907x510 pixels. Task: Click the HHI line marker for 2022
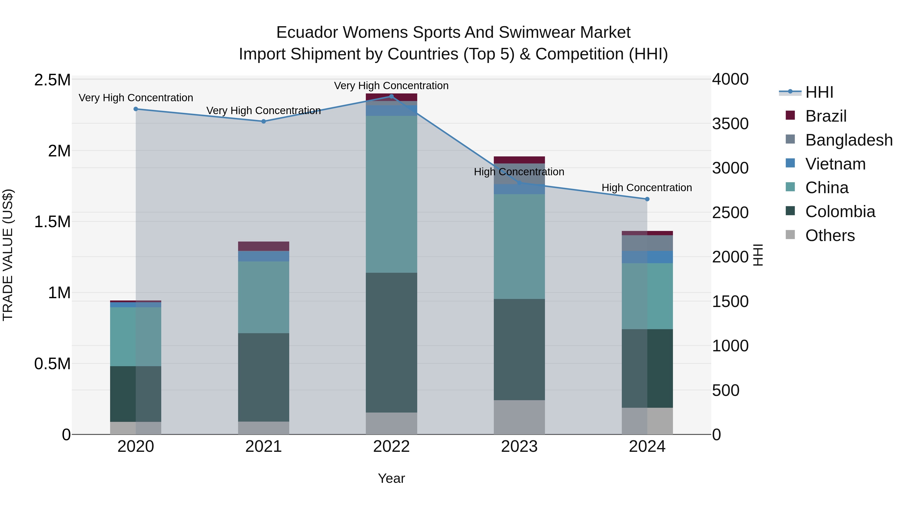(x=391, y=96)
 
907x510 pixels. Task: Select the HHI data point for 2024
(x=647, y=199)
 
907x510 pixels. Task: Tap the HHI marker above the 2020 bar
(x=136, y=109)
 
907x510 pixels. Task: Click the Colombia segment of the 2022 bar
(x=391, y=343)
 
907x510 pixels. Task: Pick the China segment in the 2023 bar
(x=519, y=246)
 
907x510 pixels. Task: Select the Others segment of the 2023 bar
(x=519, y=417)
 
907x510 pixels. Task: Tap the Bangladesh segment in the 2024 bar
(x=647, y=243)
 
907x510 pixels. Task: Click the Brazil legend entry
(x=826, y=116)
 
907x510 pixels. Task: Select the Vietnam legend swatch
(x=790, y=163)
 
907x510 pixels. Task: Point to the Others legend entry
(x=830, y=235)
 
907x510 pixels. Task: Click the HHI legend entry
(x=819, y=92)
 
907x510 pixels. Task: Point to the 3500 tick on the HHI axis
(x=730, y=124)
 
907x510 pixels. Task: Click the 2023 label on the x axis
(x=519, y=447)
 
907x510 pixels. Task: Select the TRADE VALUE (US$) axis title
(x=8, y=255)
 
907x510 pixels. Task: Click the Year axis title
(x=391, y=478)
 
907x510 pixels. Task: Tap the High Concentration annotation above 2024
(x=646, y=188)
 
